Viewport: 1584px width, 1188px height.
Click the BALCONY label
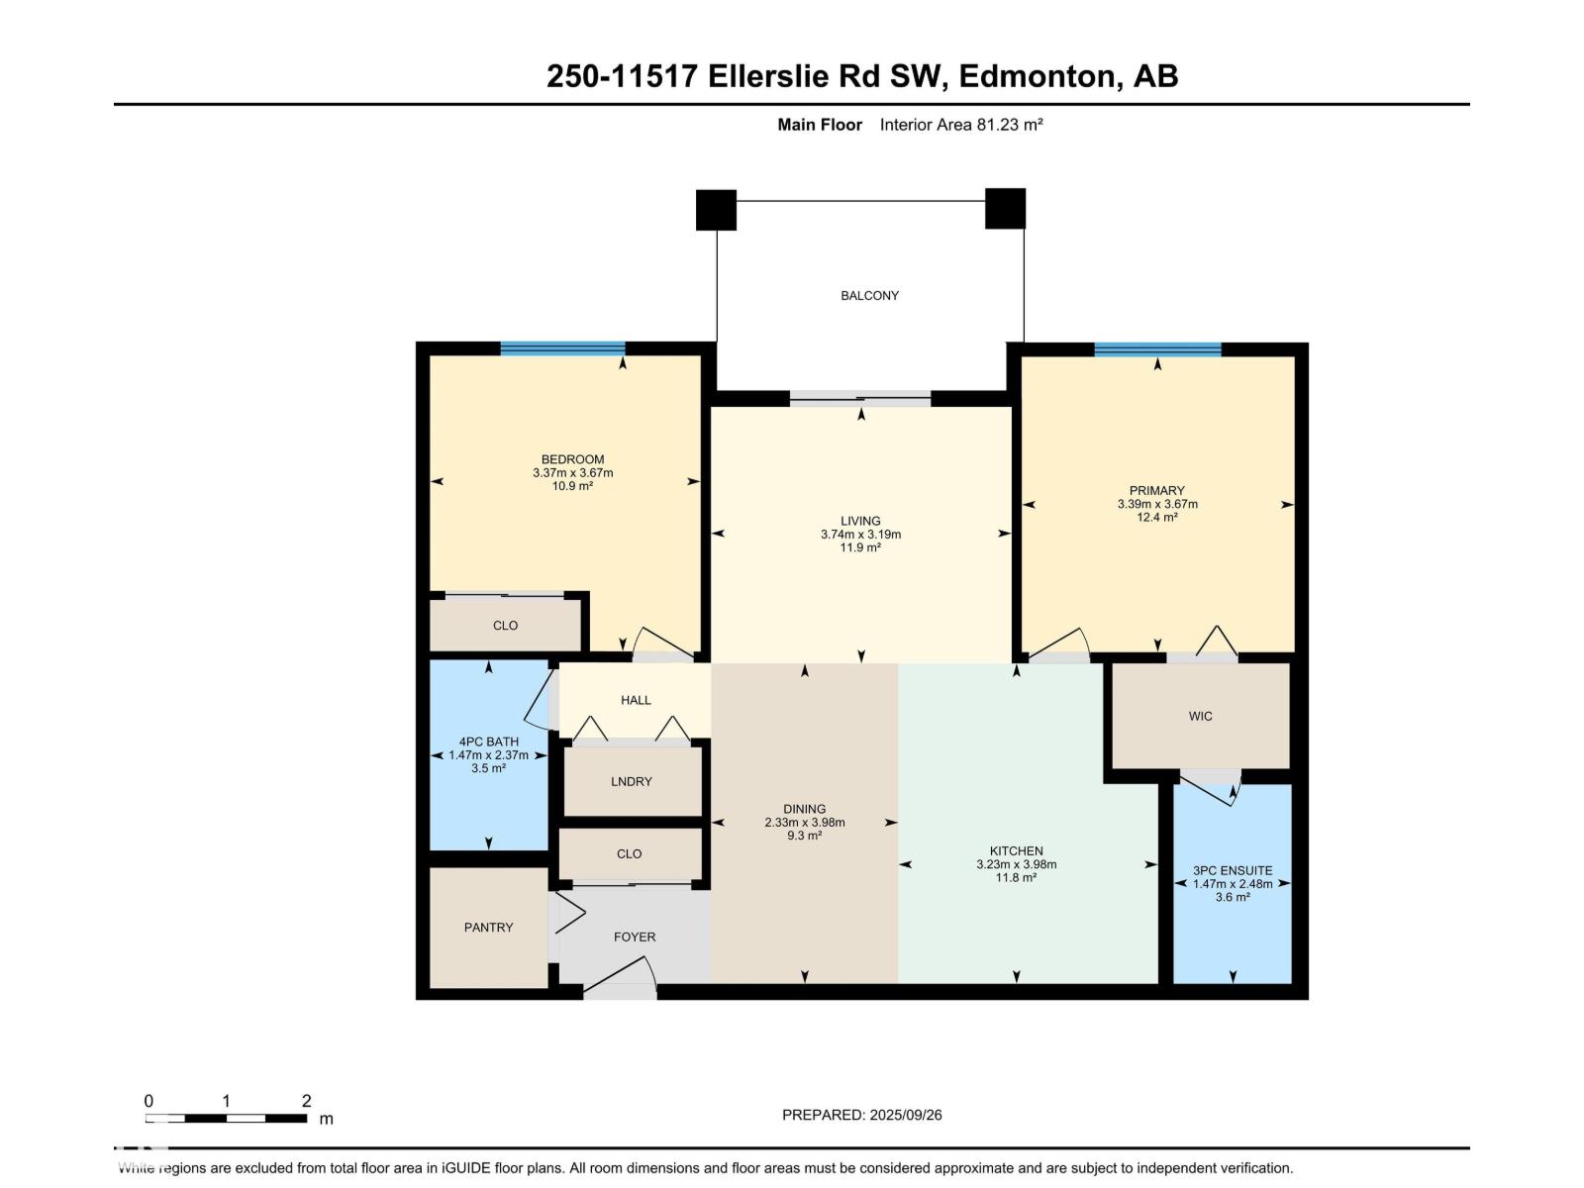click(x=869, y=296)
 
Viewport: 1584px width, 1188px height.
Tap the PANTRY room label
click(x=488, y=928)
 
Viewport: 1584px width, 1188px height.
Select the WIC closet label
click(x=1200, y=716)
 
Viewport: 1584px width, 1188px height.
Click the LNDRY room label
click(x=631, y=781)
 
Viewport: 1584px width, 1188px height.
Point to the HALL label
click(x=635, y=700)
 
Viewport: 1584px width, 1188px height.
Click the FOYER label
click(x=635, y=937)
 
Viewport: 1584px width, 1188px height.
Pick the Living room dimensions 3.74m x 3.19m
click(x=860, y=535)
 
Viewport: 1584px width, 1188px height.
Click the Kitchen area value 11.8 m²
click(x=1016, y=878)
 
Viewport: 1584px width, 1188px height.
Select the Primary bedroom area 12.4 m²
click(x=1156, y=517)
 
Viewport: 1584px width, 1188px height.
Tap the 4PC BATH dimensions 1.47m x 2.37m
click(x=488, y=755)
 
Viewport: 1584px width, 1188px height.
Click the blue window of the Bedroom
click(x=563, y=348)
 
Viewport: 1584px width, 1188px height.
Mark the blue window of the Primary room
click(x=1156, y=349)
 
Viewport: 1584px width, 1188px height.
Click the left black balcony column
click(x=716, y=210)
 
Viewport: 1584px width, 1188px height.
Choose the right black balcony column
click(x=1005, y=209)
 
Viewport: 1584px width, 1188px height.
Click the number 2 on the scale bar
click(x=306, y=1101)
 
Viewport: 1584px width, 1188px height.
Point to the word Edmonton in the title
click(x=1037, y=76)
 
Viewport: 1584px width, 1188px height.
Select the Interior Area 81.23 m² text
click(x=960, y=125)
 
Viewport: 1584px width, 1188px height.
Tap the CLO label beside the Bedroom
click(x=505, y=626)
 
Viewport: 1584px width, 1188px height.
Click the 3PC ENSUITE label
click(x=1232, y=870)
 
